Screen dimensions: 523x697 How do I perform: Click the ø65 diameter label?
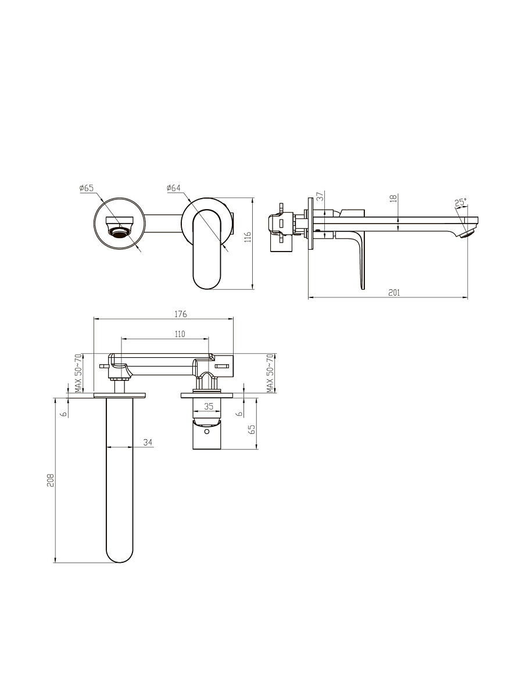(87, 188)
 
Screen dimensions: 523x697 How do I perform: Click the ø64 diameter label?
(174, 188)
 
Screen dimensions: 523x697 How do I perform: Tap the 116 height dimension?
(248, 237)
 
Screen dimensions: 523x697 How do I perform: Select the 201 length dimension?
(395, 293)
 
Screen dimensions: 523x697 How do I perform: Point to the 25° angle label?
(460, 202)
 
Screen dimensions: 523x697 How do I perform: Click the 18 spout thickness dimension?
(394, 199)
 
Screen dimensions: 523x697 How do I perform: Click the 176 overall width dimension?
(181, 314)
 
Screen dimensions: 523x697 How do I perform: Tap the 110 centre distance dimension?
(180, 334)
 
